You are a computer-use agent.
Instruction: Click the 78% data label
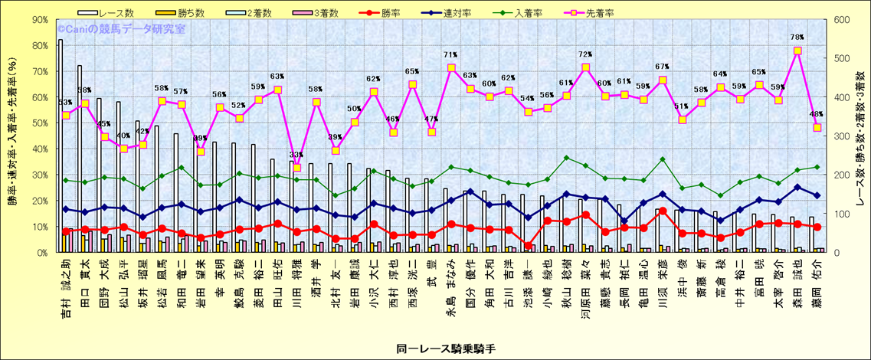[797, 37]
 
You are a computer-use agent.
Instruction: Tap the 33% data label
[296, 155]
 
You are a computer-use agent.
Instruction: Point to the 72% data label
[585, 54]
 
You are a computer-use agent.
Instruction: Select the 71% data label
[450, 55]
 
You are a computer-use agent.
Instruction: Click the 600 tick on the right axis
[839, 20]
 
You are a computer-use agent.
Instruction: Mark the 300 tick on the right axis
[839, 136]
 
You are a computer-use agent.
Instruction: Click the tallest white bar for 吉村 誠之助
[61, 146]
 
